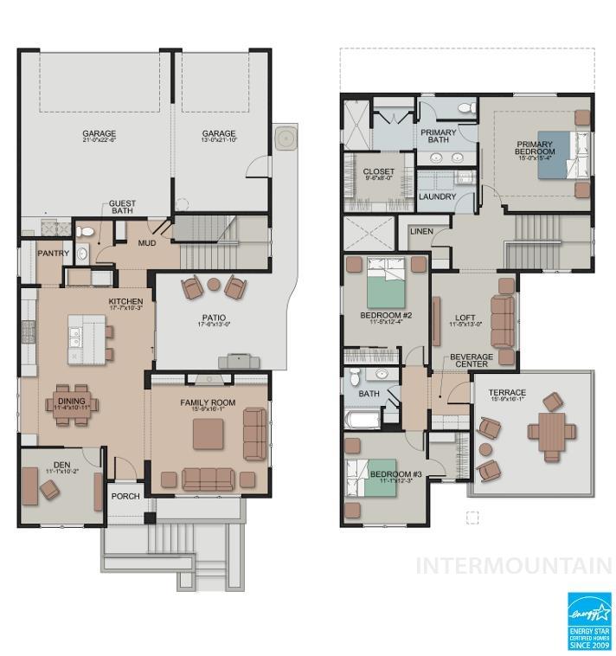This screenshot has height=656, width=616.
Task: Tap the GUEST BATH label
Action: (x=121, y=209)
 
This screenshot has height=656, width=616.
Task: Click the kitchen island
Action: (x=87, y=335)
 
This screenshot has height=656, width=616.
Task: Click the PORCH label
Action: (x=125, y=497)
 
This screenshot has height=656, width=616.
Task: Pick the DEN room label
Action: (x=61, y=466)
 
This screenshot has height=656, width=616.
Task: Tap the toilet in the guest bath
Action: (x=85, y=232)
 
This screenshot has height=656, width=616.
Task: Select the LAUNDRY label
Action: (x=437, y=196)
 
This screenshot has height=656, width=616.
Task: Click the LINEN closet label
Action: (x=421, y=231)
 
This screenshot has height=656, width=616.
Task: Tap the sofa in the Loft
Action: (x=503, y=321)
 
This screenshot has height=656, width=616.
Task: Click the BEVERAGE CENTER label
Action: (x=471, y=360)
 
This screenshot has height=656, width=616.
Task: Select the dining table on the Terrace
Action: (x=551, y=432)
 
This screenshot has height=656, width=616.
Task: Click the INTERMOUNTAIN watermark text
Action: (x=514, y=566)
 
